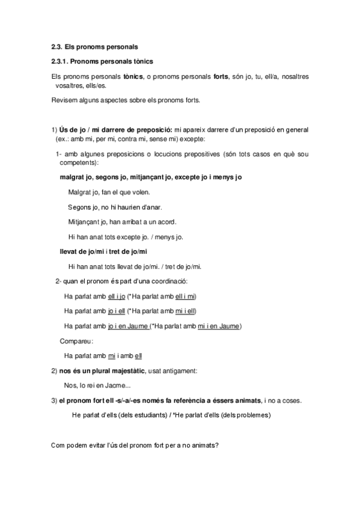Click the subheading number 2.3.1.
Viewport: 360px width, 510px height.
pyautogui.click(x=61, y=61)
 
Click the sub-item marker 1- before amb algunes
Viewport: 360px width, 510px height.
pyautogui.click(x=59, y=155)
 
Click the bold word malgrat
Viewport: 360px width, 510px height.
pyautogui.click(x=72, y=178)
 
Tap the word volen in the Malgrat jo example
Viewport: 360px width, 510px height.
pyautogui.click(x=141, y=192)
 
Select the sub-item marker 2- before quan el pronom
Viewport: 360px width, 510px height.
pyautogui.click(x=58, y=281)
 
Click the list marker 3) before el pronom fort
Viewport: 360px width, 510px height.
pyautogui.click(x=54, y=400)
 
